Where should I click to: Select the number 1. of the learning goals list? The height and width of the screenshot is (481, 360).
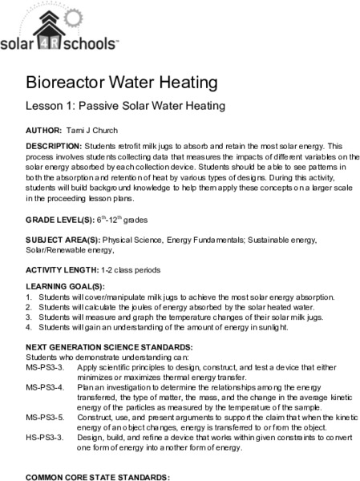[30, 297]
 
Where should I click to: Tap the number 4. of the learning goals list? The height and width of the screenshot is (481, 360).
[30, 327]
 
